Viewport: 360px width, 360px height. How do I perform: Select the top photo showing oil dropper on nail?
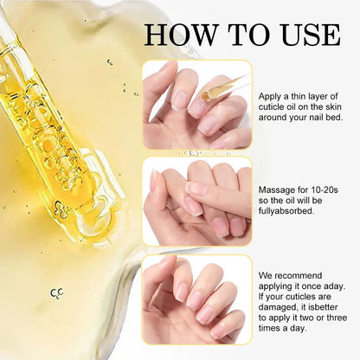coord(196,104)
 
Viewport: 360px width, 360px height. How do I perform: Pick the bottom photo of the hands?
coord(196,298)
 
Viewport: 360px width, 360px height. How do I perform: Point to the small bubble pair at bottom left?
coord(57,293)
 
